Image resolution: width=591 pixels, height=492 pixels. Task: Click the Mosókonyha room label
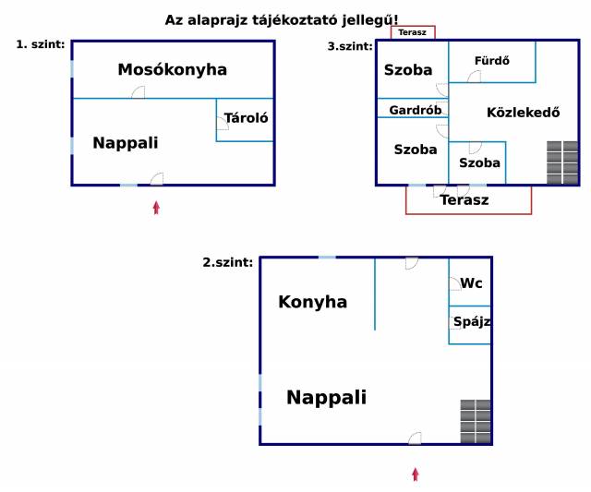click(173, 70)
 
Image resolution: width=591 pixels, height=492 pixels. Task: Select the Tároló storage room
click(245, 120)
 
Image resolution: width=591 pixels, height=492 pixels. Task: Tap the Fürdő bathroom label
click(492, 61)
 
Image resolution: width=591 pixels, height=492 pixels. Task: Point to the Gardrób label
click(416, 110)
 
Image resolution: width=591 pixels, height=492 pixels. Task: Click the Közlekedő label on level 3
click(524, 113)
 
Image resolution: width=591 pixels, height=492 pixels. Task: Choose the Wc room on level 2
click(470, 282)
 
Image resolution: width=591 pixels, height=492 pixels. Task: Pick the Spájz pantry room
click(470, 325)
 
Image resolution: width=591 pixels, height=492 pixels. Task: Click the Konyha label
click(312, 302)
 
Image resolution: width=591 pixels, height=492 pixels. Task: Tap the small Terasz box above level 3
click(413, 32)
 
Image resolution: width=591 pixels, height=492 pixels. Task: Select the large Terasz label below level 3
click(464, 200)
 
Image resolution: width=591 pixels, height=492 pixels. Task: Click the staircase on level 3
click(562, 162)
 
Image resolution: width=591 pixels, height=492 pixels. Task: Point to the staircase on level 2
click(476, 421)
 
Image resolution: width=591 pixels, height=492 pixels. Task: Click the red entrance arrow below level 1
click(156, 208)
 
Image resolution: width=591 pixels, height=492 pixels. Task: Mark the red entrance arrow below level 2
click(416, 474)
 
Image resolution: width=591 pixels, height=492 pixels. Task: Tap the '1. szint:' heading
click(41, 44)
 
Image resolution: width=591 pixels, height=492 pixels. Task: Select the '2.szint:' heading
click(228, 262)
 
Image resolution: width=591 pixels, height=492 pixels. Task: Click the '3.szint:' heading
click(350, 46)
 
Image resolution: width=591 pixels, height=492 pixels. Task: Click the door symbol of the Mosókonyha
click(138, 92)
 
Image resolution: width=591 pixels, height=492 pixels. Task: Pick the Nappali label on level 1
click(126, 143)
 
